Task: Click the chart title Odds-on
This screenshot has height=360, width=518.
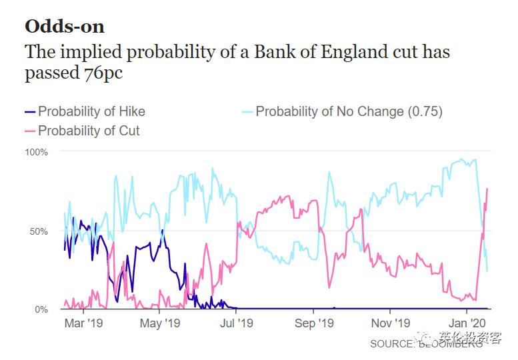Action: (65, 26)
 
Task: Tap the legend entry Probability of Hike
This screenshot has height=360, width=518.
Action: (91, 111)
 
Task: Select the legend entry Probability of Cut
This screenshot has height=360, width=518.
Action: (89, 131)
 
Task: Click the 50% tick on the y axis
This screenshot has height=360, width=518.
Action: (39, 231)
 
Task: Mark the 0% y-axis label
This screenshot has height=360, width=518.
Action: (41, 310)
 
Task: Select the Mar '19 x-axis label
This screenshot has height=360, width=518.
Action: (83, 324)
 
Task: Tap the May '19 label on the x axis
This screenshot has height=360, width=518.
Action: (160, 324)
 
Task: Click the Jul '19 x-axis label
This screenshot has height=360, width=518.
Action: (237, 324)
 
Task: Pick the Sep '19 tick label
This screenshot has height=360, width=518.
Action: (313, 324)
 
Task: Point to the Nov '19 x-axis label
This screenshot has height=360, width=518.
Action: (390, 324)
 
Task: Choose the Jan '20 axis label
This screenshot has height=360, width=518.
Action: (467, 324)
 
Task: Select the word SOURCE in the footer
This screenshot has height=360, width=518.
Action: (393, 344)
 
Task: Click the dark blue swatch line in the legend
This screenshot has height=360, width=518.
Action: (29, 111)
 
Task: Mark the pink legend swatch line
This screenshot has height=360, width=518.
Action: (29, 131)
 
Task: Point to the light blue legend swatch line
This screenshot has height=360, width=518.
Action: (247, 111)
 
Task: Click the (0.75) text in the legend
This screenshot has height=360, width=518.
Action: (425, 111)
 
